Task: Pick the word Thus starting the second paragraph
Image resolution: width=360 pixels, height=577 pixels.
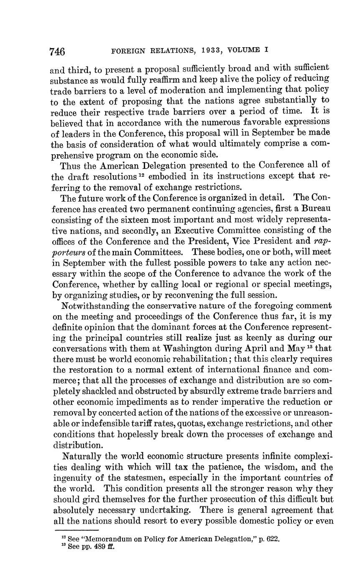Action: tap(70, 166)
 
